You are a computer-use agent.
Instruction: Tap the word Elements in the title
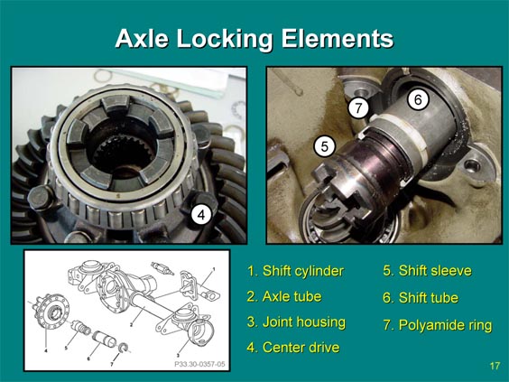pyautogui.click(x=338, y=38)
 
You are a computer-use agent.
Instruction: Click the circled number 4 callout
pyautogui.click(x=201, y=215)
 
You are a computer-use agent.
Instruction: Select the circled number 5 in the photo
pyautogui.click(x=325, y=147)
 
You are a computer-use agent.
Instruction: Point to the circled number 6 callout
pyautogui.click(x=418, y=99)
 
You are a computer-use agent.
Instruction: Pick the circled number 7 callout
pyautogui.click(x=358, y=107)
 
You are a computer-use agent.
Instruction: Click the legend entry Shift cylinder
pyautogui.click(x=295, y=271)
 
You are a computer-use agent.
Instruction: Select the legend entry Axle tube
pyautogui.click(x=284, y=296)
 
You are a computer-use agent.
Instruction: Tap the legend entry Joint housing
pyautogui.click(x=296, y=322)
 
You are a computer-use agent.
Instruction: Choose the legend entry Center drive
pyautogui.click(x=293, y=348)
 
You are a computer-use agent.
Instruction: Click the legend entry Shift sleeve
pyautogui.click(x=427, y=271)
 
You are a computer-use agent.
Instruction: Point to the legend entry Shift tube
pyautogui.click(x=421, y=298)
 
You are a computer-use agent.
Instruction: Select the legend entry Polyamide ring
pyautogui.click(x=438, y=325)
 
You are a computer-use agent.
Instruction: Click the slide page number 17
pyautogui.click(x=495, y=366)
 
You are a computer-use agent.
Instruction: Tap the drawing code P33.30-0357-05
pyautogui.click(x=199, y=364)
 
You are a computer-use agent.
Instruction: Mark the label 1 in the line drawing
pyautogui.click(x=214, y=269)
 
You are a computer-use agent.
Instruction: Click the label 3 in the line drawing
pyautogui.click(x=178, y=355)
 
